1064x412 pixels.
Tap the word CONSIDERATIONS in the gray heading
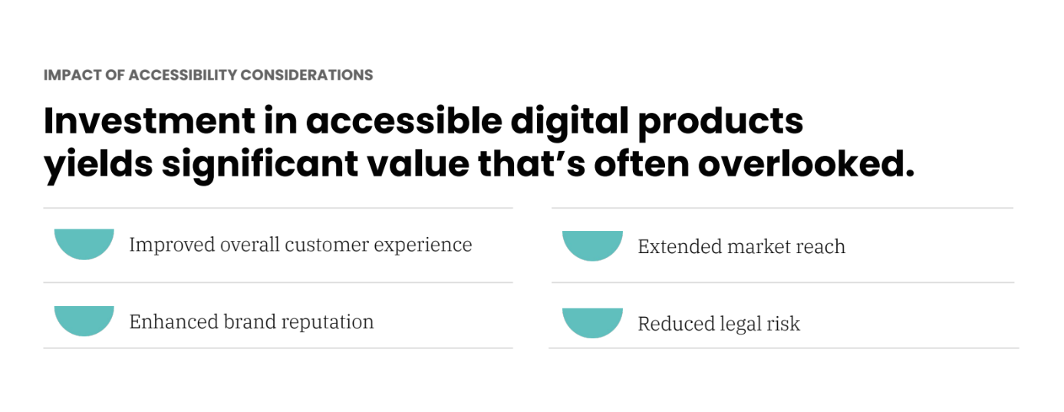pyautogui.click(x=307, y=75)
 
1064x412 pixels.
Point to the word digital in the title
pyautogui.click(x=569, y=120)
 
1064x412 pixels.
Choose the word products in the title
pyautogui.click(x=720, y=122)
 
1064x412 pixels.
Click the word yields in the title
pyautogui.click(x=98, y=164)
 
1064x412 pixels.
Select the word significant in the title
pyautogui.click(x=260, y=164)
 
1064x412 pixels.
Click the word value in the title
pyautogui.click(x=418, y=164)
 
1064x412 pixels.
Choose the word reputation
pyautogui.click(x=328, y=323)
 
